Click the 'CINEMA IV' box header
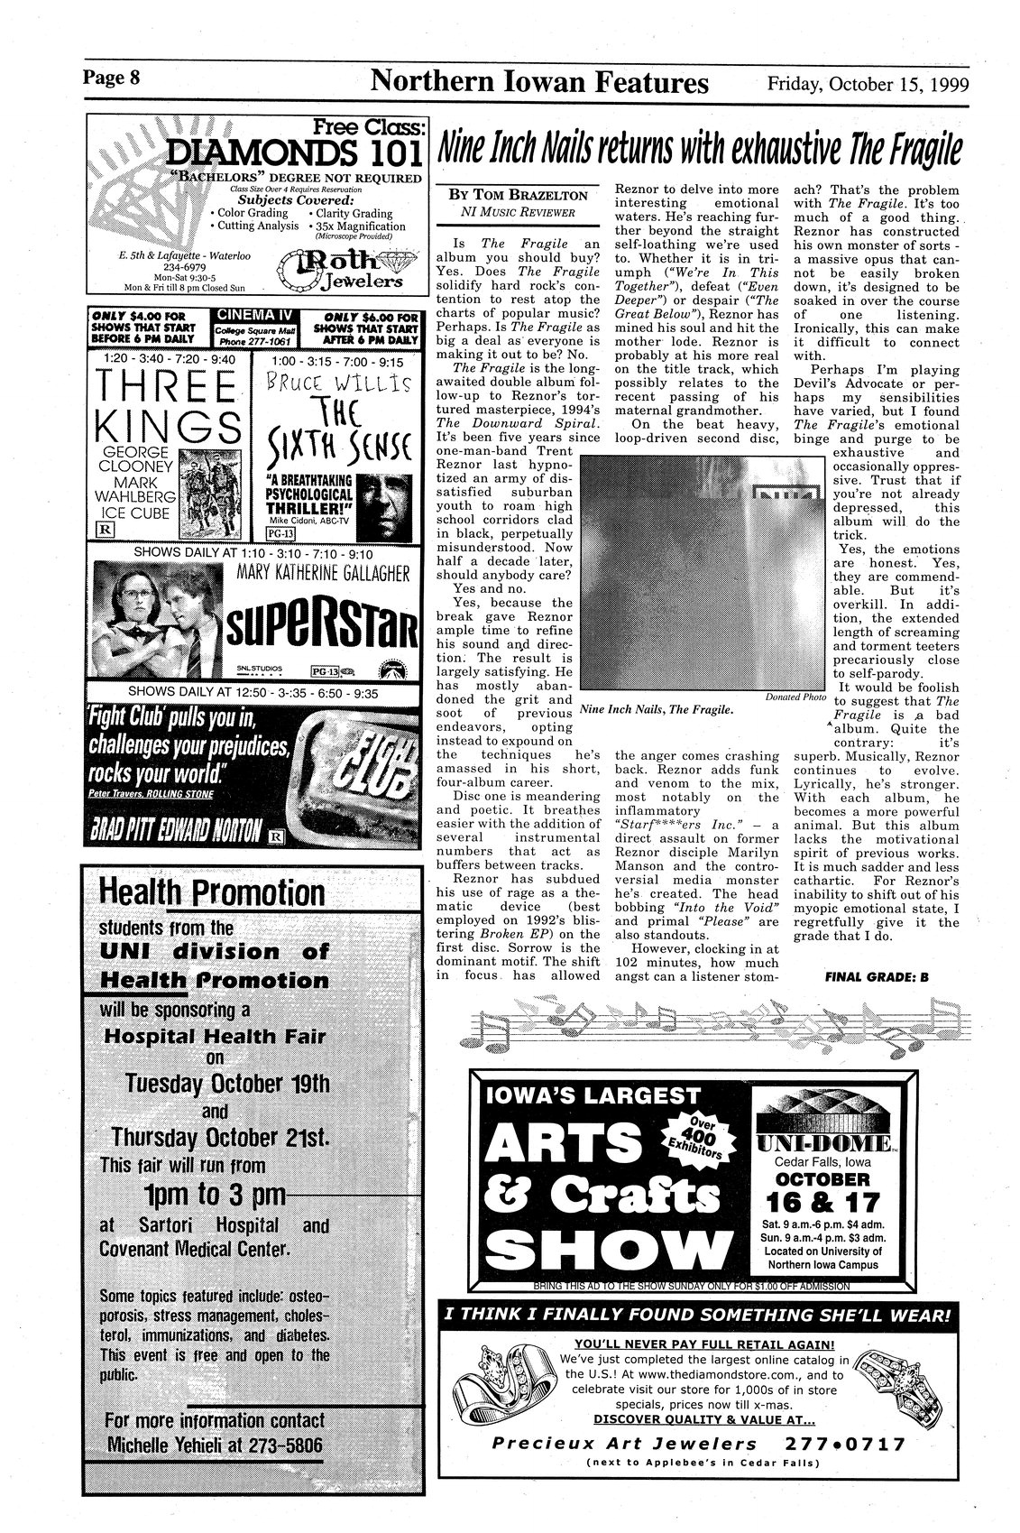[255, 315]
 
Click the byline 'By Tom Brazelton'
[518, 195]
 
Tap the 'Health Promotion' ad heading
[212, 893]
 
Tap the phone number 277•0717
[851, 1445]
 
